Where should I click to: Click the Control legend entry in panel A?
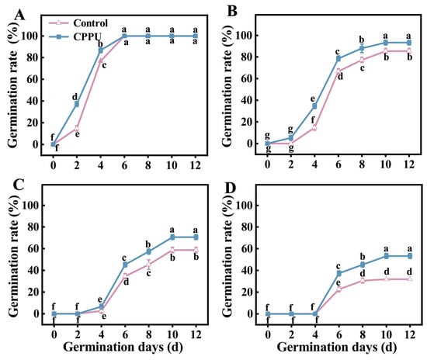(x=78, y=23)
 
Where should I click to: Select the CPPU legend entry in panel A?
(x=75, y=36)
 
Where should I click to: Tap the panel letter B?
(x=232, y=12)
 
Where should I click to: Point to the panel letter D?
(x=231, y=188)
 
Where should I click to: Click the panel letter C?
(x=19, y=185)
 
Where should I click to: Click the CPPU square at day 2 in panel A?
(x=77, y=104)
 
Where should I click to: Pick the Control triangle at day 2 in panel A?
(x=77, y=127)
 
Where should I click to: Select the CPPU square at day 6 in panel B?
(x=338, y=58)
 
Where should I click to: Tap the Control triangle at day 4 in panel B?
(x=314, y=127)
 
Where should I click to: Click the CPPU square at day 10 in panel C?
(x=172, y=237)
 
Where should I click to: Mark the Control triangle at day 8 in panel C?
(x=149, y=263)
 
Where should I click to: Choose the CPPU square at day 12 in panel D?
(x=410, y=256)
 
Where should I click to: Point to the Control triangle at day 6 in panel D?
(x=338, y=289)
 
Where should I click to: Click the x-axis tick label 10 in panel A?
(x=172, y=165)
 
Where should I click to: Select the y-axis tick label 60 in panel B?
(x=246, y=78)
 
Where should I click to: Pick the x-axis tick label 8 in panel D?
(x=363, y=334)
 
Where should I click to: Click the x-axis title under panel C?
(x=123, y=348)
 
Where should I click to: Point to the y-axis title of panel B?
(x=227, y=87)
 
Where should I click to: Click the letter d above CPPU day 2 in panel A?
(x=75, y=96)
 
